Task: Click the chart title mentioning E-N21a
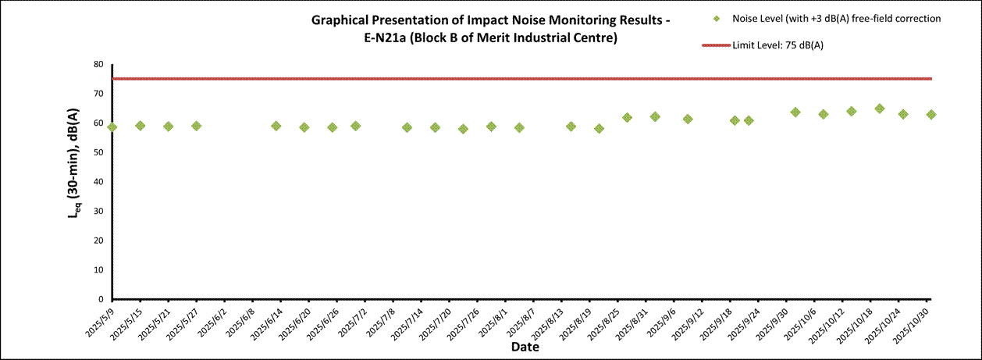pos(490,30)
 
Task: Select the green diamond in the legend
pos(717,19)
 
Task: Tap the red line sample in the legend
pos(717,45)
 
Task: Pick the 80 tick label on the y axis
pos(98,65)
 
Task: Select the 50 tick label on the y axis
pos(98,152)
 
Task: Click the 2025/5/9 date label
pos(98,321)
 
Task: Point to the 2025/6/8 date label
pos(238,322)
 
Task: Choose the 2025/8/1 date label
pos(491,321)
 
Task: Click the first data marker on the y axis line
pos(112,127)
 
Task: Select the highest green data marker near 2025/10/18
pos(880,109)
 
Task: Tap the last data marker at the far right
pos(931,114)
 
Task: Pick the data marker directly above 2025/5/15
pos(141,126)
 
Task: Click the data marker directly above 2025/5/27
pos(197,126)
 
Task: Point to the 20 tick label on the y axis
pos(98,241)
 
